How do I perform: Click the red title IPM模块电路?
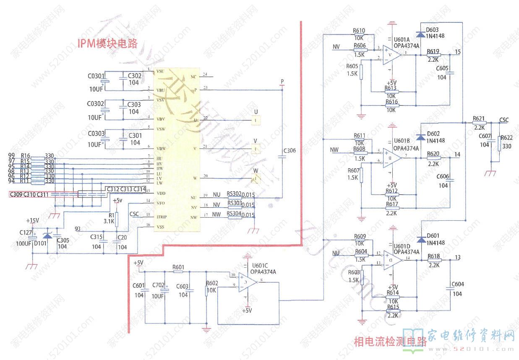[x=107, y=43]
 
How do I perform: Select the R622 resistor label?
[x=506, y=138]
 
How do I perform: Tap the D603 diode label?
[x=432, y=30]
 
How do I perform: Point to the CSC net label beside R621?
[x=503, y=120]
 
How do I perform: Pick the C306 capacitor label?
[x=290, y=151]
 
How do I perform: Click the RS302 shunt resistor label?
[x=234, y=194]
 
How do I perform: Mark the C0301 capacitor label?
[x=96, y=77]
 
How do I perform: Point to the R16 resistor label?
[x=25, y=156]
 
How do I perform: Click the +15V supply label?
[x=32, y=221]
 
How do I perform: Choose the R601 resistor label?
[x=178, y=267]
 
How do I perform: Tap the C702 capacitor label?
[x=158, y=285]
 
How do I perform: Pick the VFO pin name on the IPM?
[x=160, y=203]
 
